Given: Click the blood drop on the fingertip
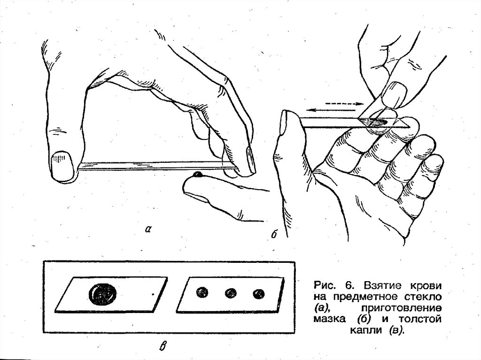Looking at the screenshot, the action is [x=198, y=175].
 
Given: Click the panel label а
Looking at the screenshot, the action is [x=148, y=229].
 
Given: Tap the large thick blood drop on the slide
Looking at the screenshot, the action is [x=103, y=293].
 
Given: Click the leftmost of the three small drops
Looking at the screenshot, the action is [x=202, y=292].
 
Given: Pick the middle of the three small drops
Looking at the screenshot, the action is [x=231, y=293].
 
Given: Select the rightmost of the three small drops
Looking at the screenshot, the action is [x=259, y=294].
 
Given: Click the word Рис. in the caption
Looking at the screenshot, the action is [x=325, y=286].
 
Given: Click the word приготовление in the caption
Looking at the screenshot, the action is [x=401, y=307].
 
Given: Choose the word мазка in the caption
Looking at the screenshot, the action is [x=330, y=319].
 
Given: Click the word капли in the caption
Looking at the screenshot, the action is [x=367, y=330].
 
